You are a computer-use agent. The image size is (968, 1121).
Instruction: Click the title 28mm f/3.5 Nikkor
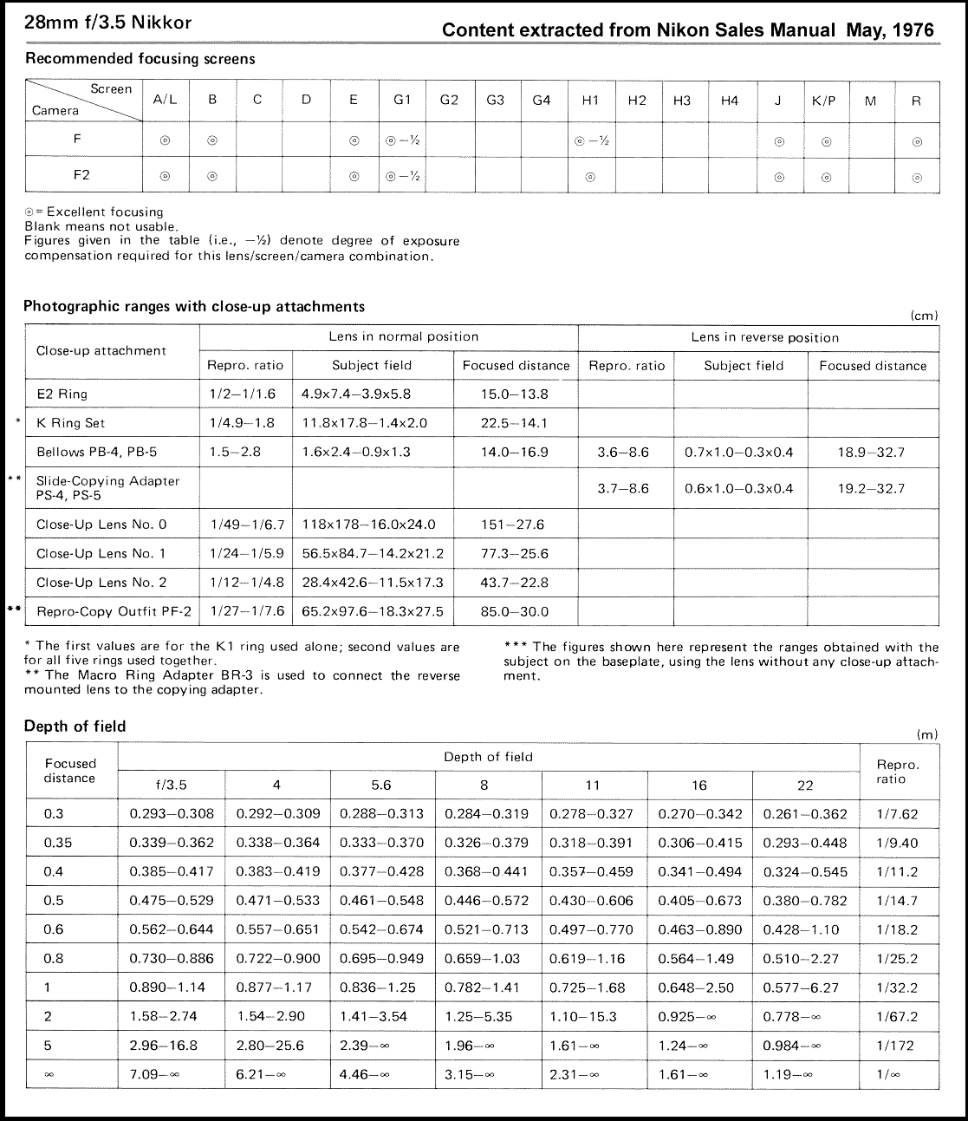[108, 23]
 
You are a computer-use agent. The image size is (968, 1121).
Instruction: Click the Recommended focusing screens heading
[140, 59]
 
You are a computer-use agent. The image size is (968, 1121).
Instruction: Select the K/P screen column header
[824, 101]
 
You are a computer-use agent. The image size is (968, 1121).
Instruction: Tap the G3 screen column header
[495, 101]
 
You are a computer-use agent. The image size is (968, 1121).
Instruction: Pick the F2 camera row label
[81, 175]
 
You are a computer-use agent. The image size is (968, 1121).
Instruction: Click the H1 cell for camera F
[591, 140]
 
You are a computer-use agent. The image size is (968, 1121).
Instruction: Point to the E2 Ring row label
[62, 394]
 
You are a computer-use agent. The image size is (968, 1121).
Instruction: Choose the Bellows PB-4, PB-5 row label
[97, 452]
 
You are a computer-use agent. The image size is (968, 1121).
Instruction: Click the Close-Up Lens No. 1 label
[101, 553]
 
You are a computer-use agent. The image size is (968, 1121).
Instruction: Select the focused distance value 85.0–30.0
[514, 611]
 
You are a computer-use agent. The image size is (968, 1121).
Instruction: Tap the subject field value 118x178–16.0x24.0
[368, 525]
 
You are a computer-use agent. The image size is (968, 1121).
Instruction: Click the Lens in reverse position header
[765, 337]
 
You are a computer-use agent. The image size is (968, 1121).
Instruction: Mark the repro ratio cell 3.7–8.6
[623, 488]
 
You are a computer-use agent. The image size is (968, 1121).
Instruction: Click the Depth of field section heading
[75, 727]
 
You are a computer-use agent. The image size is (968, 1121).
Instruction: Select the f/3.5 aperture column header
[171, 785]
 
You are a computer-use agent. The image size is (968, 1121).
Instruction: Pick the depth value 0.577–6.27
[805, 987]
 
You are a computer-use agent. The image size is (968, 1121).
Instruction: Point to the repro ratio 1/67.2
[897, 1016]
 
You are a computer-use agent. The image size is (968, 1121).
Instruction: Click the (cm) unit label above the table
[926, 316]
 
